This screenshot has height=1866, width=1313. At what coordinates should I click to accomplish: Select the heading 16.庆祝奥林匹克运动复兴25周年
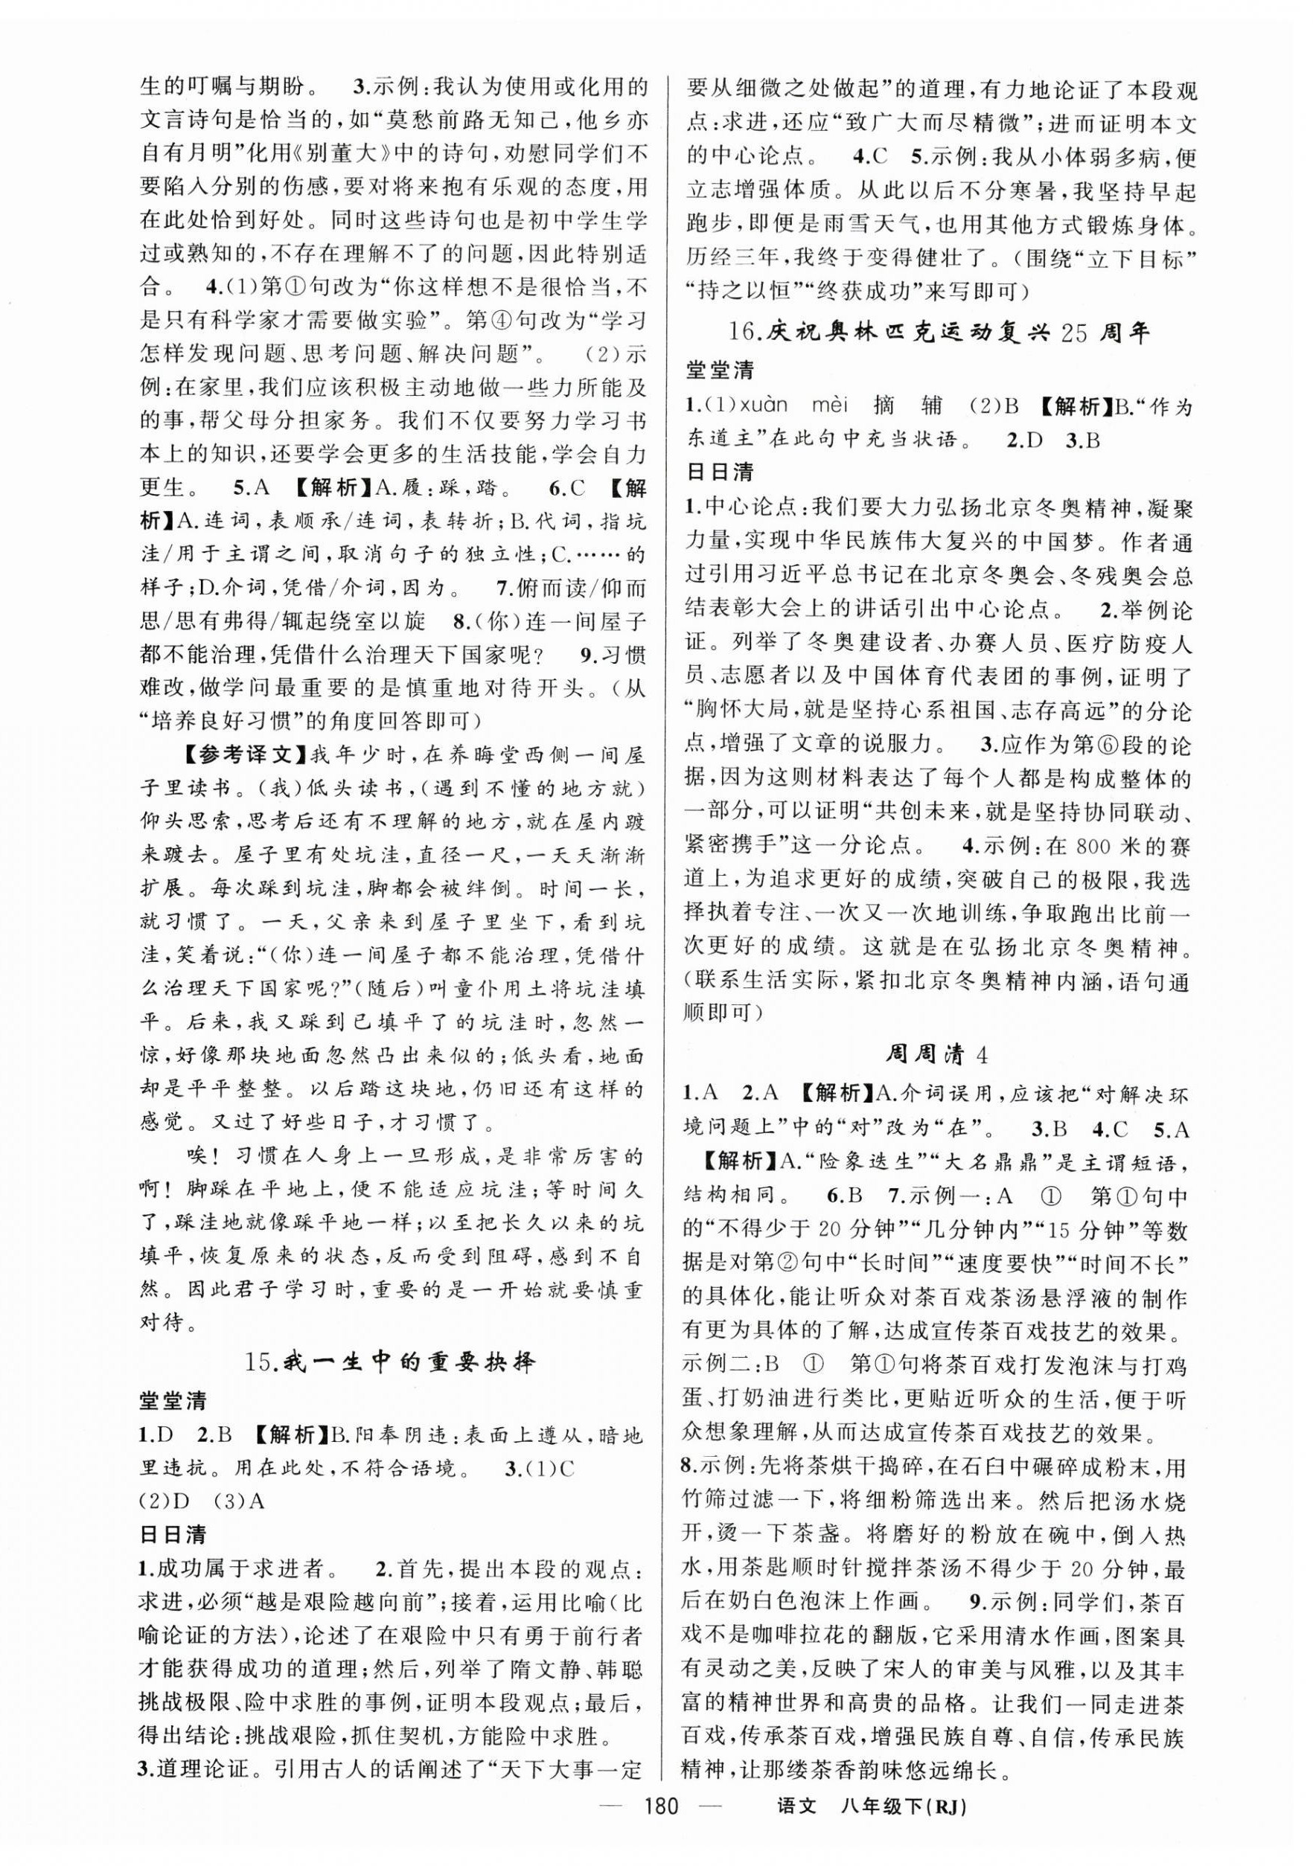coord(938,334)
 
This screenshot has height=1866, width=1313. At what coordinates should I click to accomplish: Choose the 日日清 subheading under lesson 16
coord(720,474)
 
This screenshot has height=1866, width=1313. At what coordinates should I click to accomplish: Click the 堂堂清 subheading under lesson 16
coord(720,372)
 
